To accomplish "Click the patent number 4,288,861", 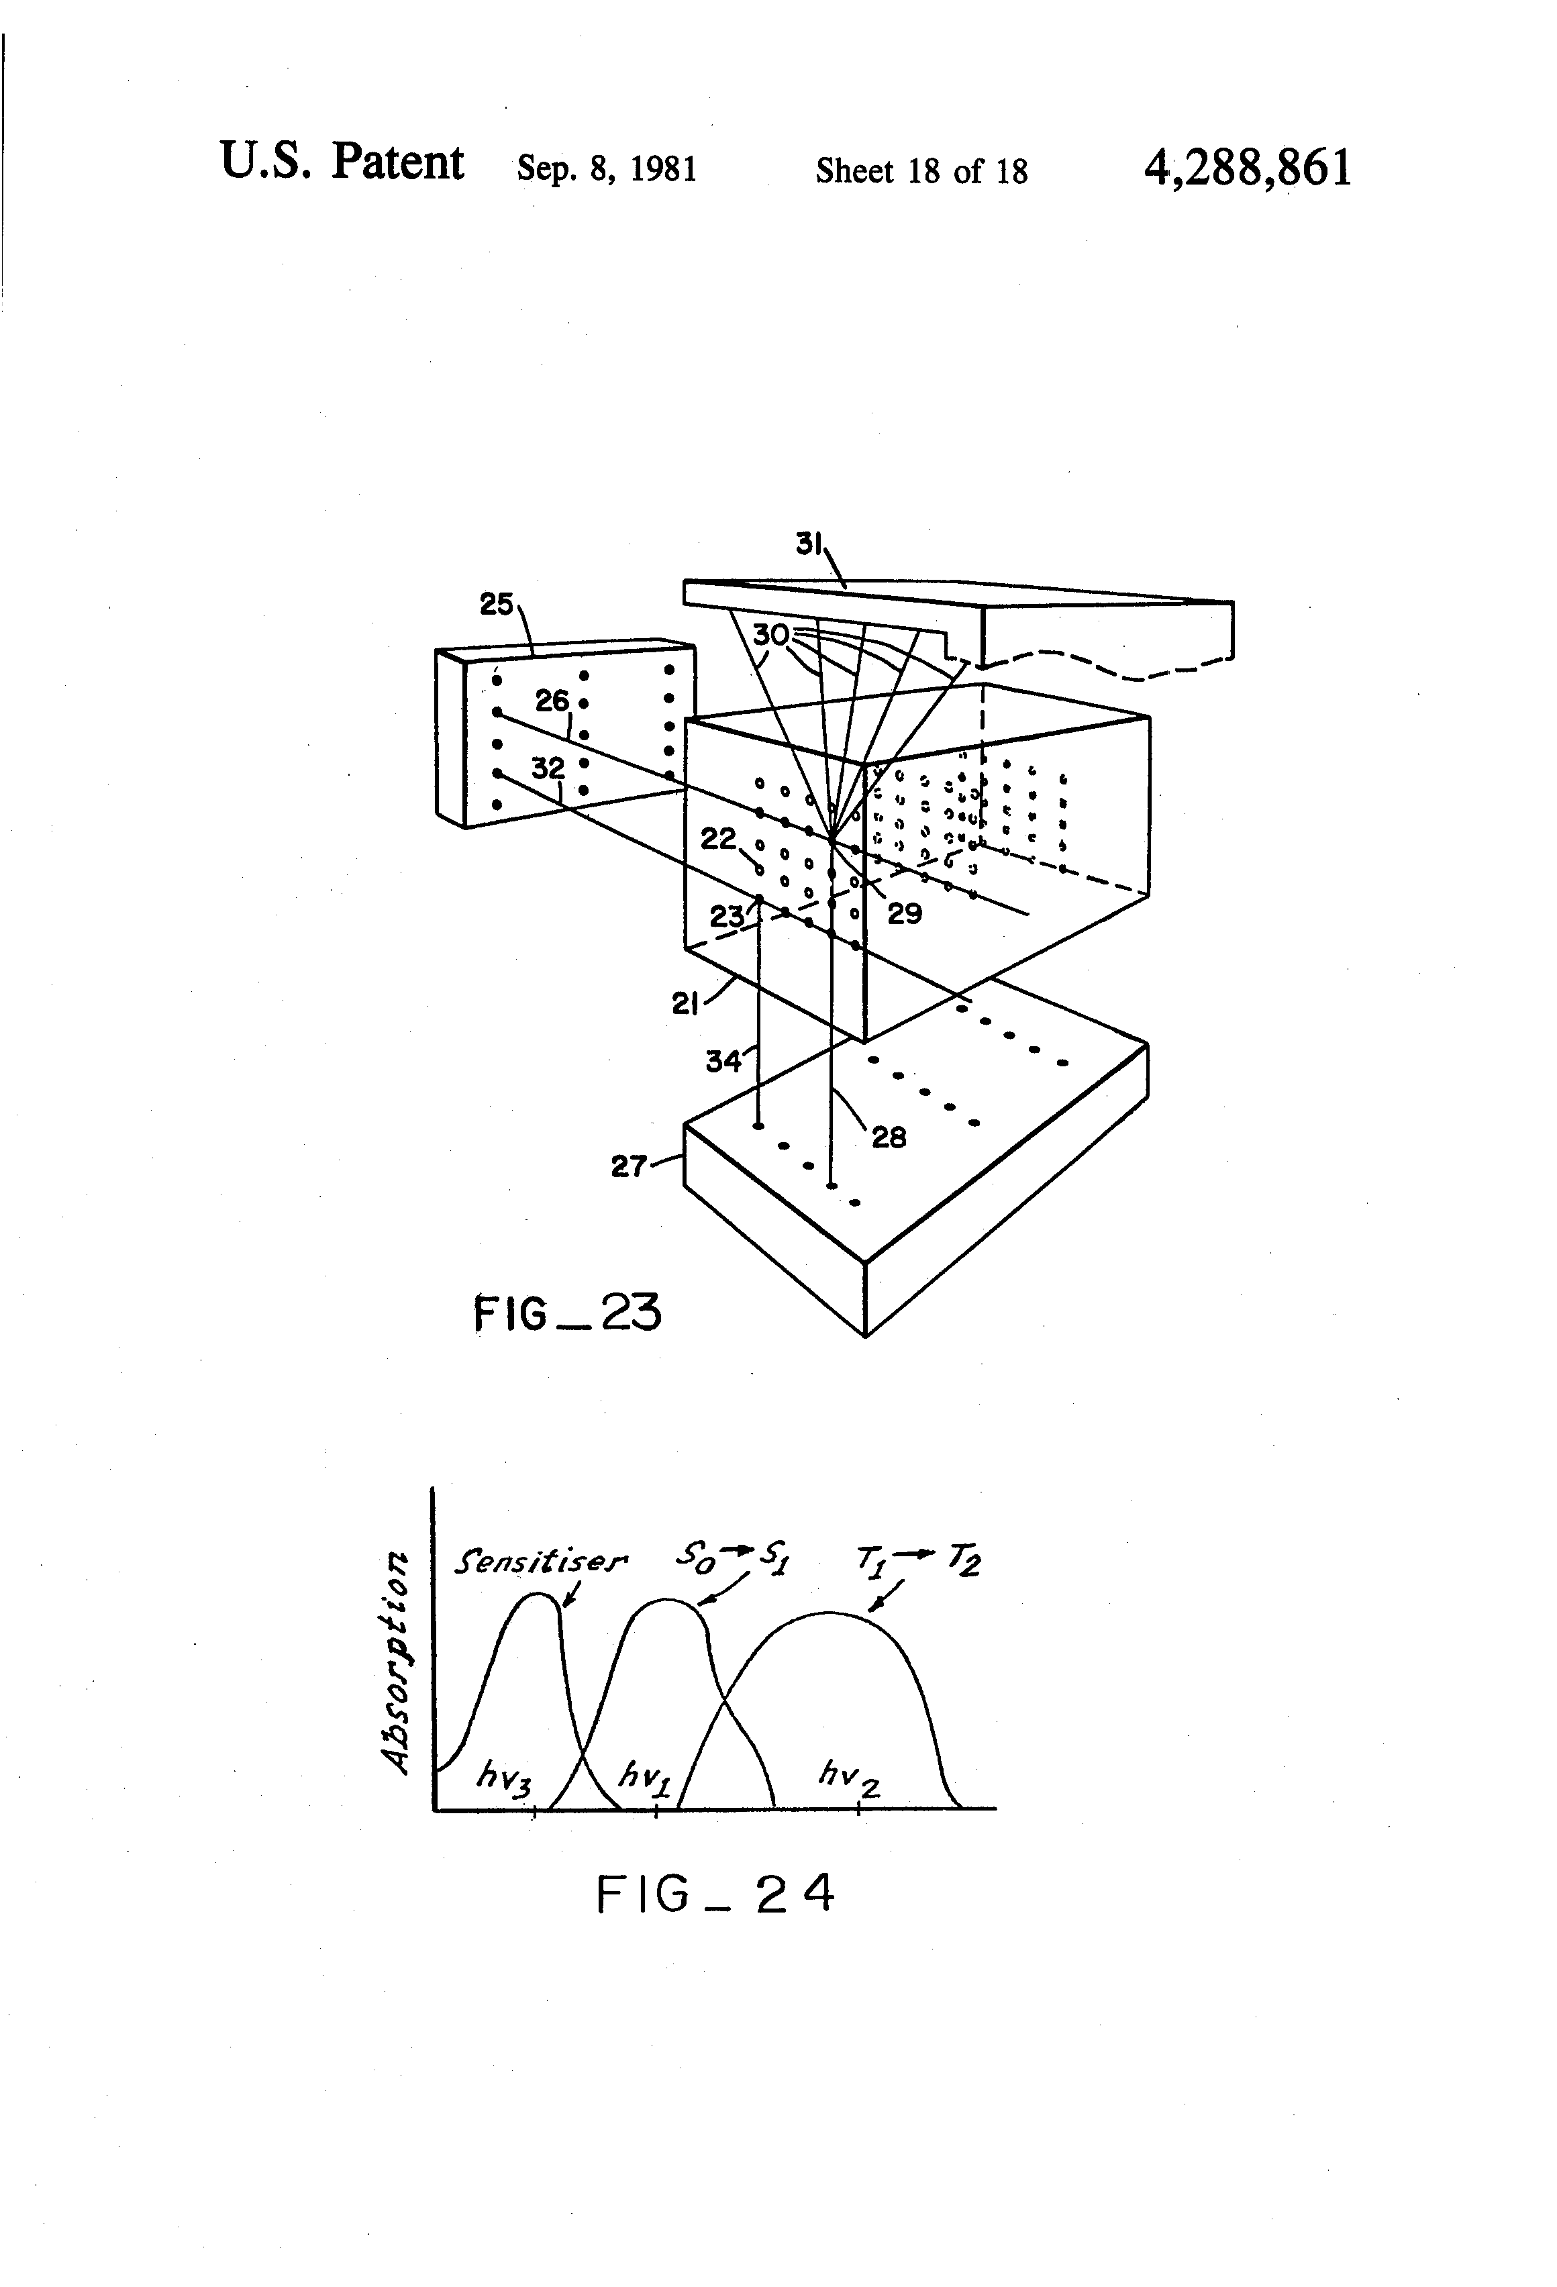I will [1247, 168].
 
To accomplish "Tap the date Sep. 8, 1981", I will [606, 170].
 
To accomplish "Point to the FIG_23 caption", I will [567, 1313].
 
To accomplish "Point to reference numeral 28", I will [889, 1137].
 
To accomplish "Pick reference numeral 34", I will [723, 1061].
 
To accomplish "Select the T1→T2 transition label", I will [918, 1559].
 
